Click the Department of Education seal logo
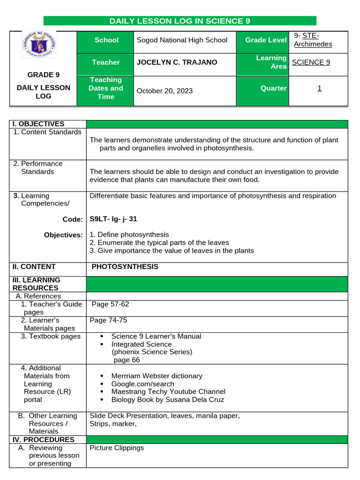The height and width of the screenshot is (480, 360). point(38,45)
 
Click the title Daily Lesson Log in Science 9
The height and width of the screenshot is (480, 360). point(180,21)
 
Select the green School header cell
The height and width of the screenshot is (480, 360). point(106,40)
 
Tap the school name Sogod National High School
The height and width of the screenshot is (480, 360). point(181,40)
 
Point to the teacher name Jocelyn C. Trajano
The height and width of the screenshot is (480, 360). point(176,62)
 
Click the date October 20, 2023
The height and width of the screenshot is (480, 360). point(164,91)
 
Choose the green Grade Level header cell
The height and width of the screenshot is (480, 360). point(265,40)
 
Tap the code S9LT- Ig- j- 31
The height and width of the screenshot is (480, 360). point(113,219)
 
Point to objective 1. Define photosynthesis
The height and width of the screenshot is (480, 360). point(129,234)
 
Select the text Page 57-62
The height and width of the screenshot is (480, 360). point(110,304)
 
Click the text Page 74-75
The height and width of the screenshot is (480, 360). point(108,321)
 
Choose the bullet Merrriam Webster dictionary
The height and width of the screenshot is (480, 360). point(157,376)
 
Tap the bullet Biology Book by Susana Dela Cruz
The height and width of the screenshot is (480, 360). point(167,400)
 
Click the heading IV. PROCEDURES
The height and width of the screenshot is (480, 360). point(43,440)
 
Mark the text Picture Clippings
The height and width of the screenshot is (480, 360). point(117,448)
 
